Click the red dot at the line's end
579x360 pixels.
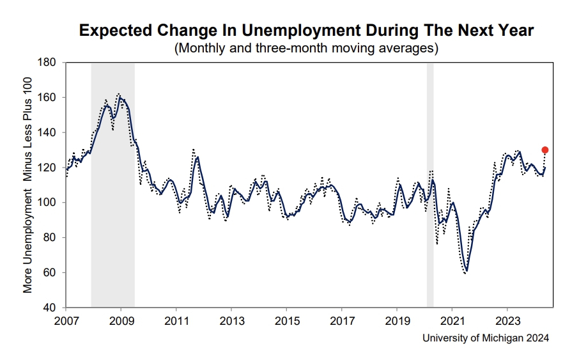[545, 150]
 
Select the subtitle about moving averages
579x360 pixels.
[305, 48]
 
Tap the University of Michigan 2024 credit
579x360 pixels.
[486, 338]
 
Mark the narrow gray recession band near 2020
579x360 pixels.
[430, 185]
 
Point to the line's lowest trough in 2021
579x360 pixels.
[467, 270]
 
